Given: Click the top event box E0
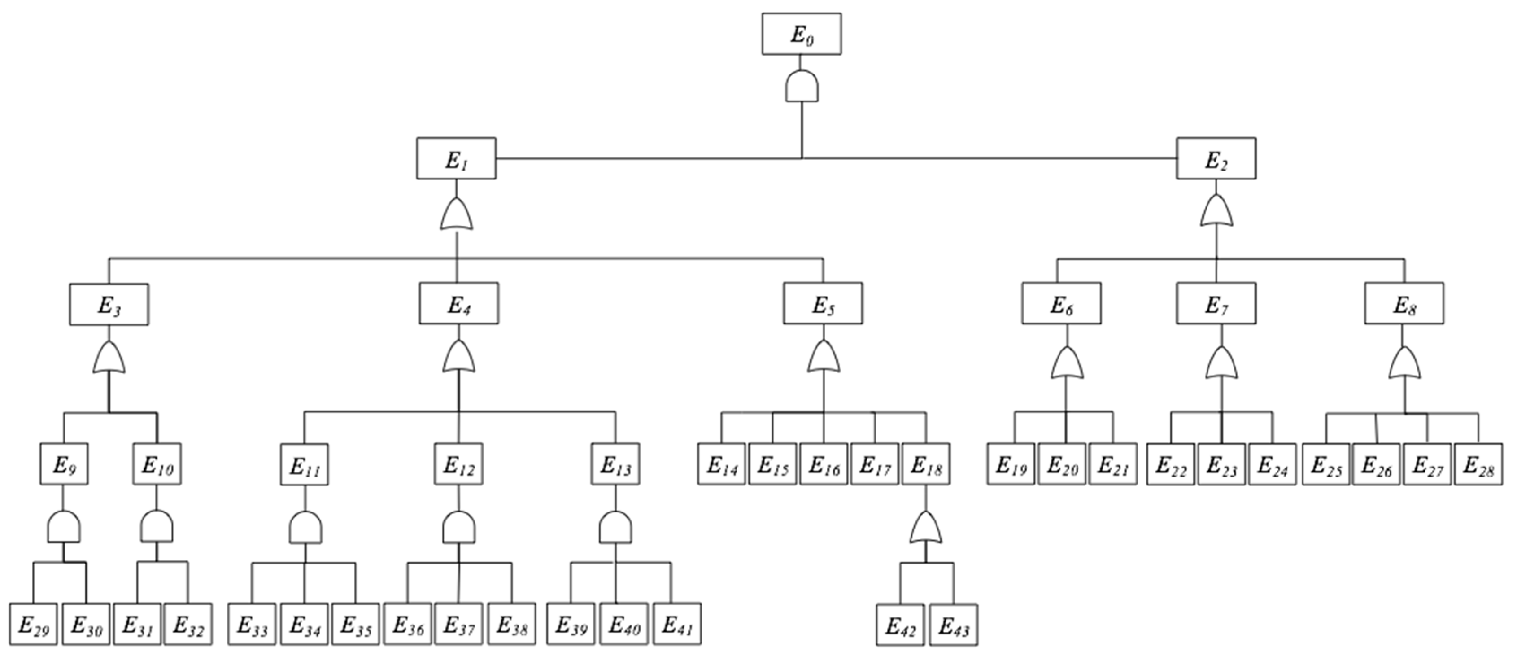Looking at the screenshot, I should click(801, 34).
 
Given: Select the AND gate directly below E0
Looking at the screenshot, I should click(802, 87).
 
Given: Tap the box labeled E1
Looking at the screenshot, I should click(456, 158).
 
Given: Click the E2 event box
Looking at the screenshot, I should click(1216, 158).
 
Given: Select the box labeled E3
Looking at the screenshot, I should click(109, 305).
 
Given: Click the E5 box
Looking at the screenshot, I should click(823, 303).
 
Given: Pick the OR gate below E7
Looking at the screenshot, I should click(1221, 363).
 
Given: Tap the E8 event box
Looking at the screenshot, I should click(1404, 303).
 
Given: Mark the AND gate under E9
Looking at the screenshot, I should click(64, 527).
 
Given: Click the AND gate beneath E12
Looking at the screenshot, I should click(459, 528).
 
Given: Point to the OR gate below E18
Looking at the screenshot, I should click(926, 528).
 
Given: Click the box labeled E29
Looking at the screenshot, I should click(34, 624).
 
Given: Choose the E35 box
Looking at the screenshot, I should click(355, 624).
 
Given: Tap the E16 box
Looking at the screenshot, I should click(823, 464).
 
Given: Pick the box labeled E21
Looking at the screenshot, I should click(1112, 464).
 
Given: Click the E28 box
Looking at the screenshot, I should click(1478, 464).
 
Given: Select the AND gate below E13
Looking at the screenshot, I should click(615, 528).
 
